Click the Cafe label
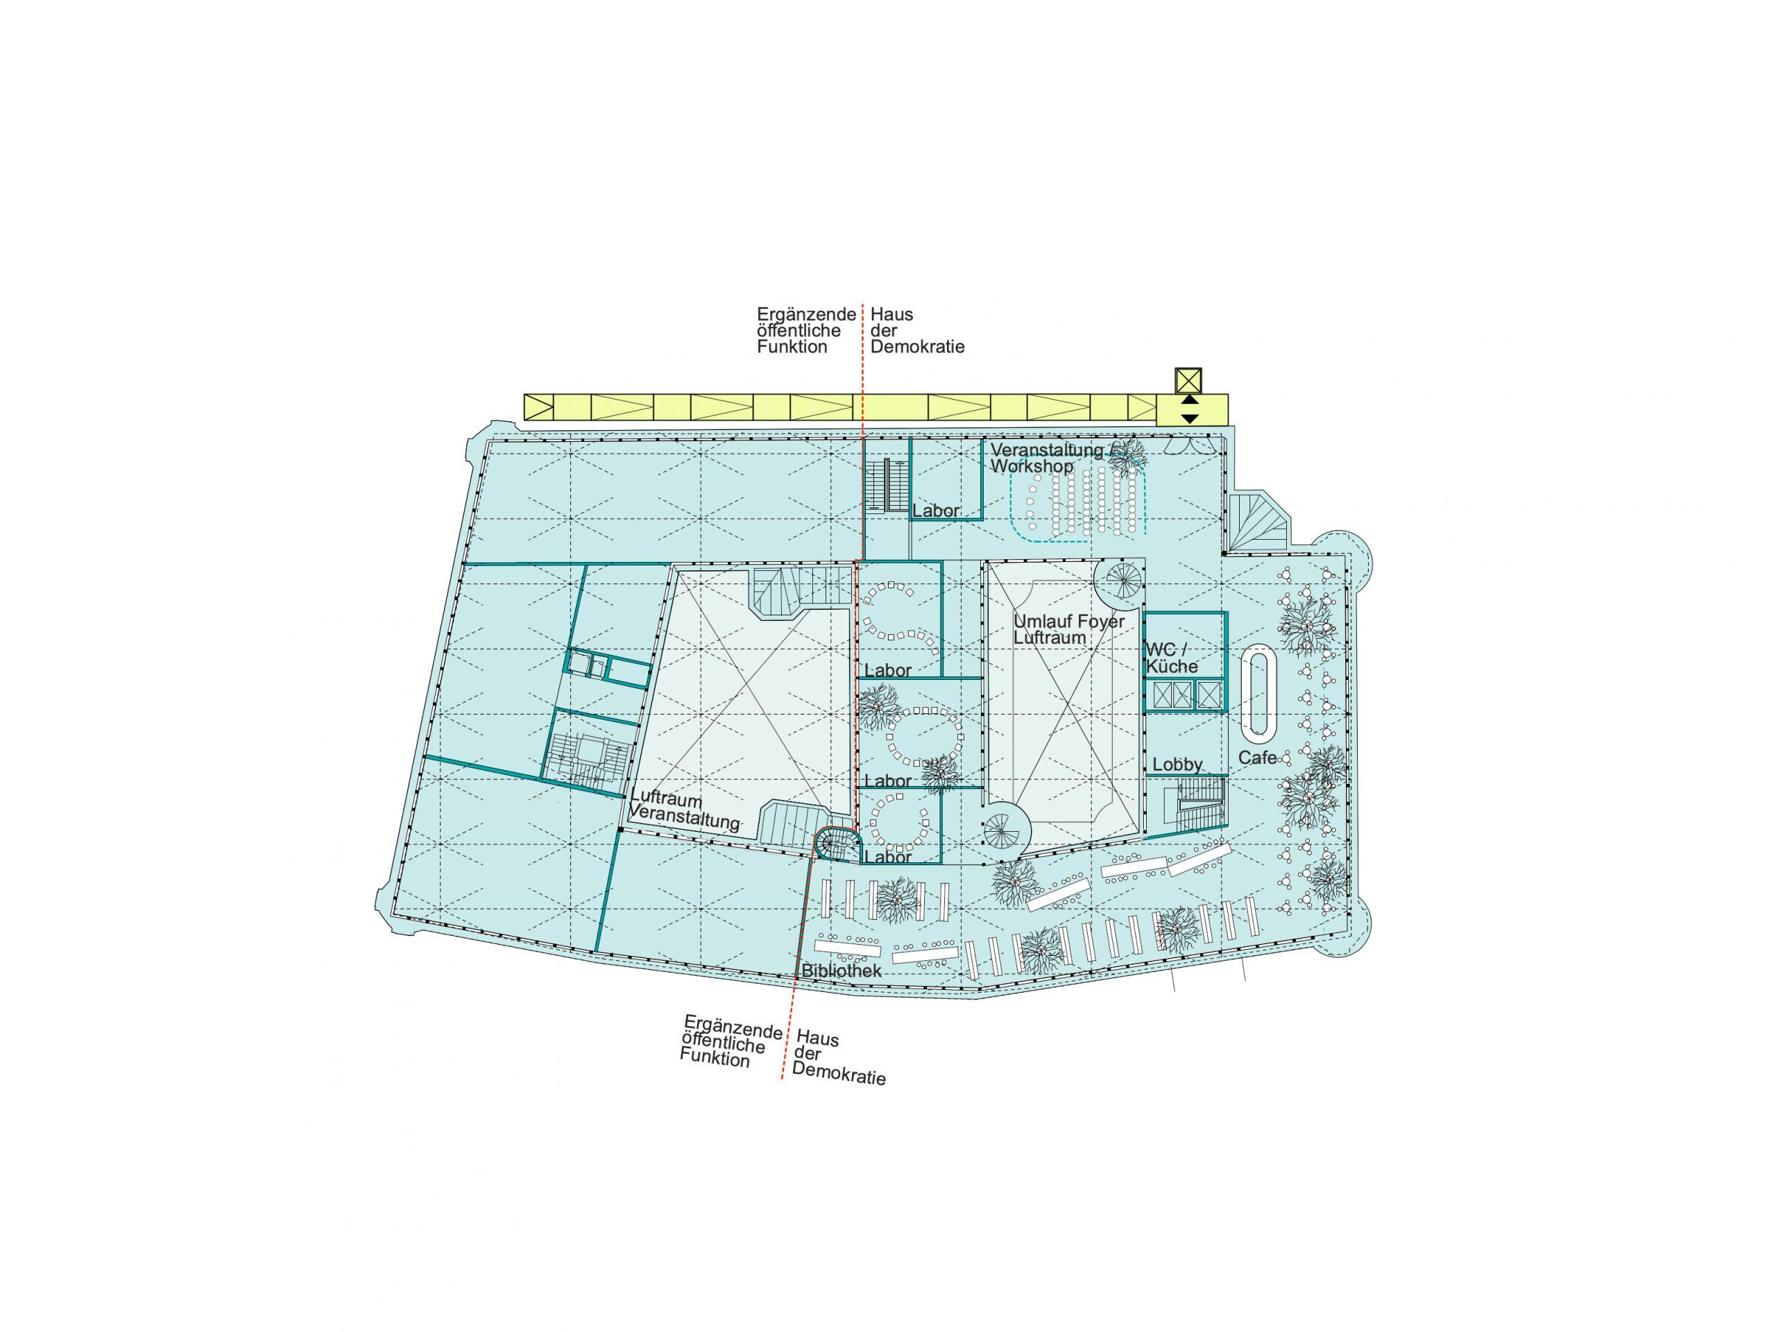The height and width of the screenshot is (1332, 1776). tap(1257, 757)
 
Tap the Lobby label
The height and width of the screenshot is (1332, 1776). tap(1178, 765)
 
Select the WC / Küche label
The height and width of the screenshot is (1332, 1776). tap(1172, 657)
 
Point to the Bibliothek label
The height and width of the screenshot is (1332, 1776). tap(842, 971)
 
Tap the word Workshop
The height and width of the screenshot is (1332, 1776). tap(1031, 466)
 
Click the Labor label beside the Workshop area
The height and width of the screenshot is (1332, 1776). tap(936, 511)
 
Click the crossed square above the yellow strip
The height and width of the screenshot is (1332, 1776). tap(1188, 379)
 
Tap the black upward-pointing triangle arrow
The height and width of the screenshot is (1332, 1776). tap(1190, 399)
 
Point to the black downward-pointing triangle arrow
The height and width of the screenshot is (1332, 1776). tap(1190, 418)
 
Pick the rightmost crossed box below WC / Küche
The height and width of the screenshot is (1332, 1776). tap(1208, 694)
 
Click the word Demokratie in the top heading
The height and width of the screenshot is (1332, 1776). tap(918, 347)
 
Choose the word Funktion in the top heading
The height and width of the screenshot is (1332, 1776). tap(792, 347)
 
